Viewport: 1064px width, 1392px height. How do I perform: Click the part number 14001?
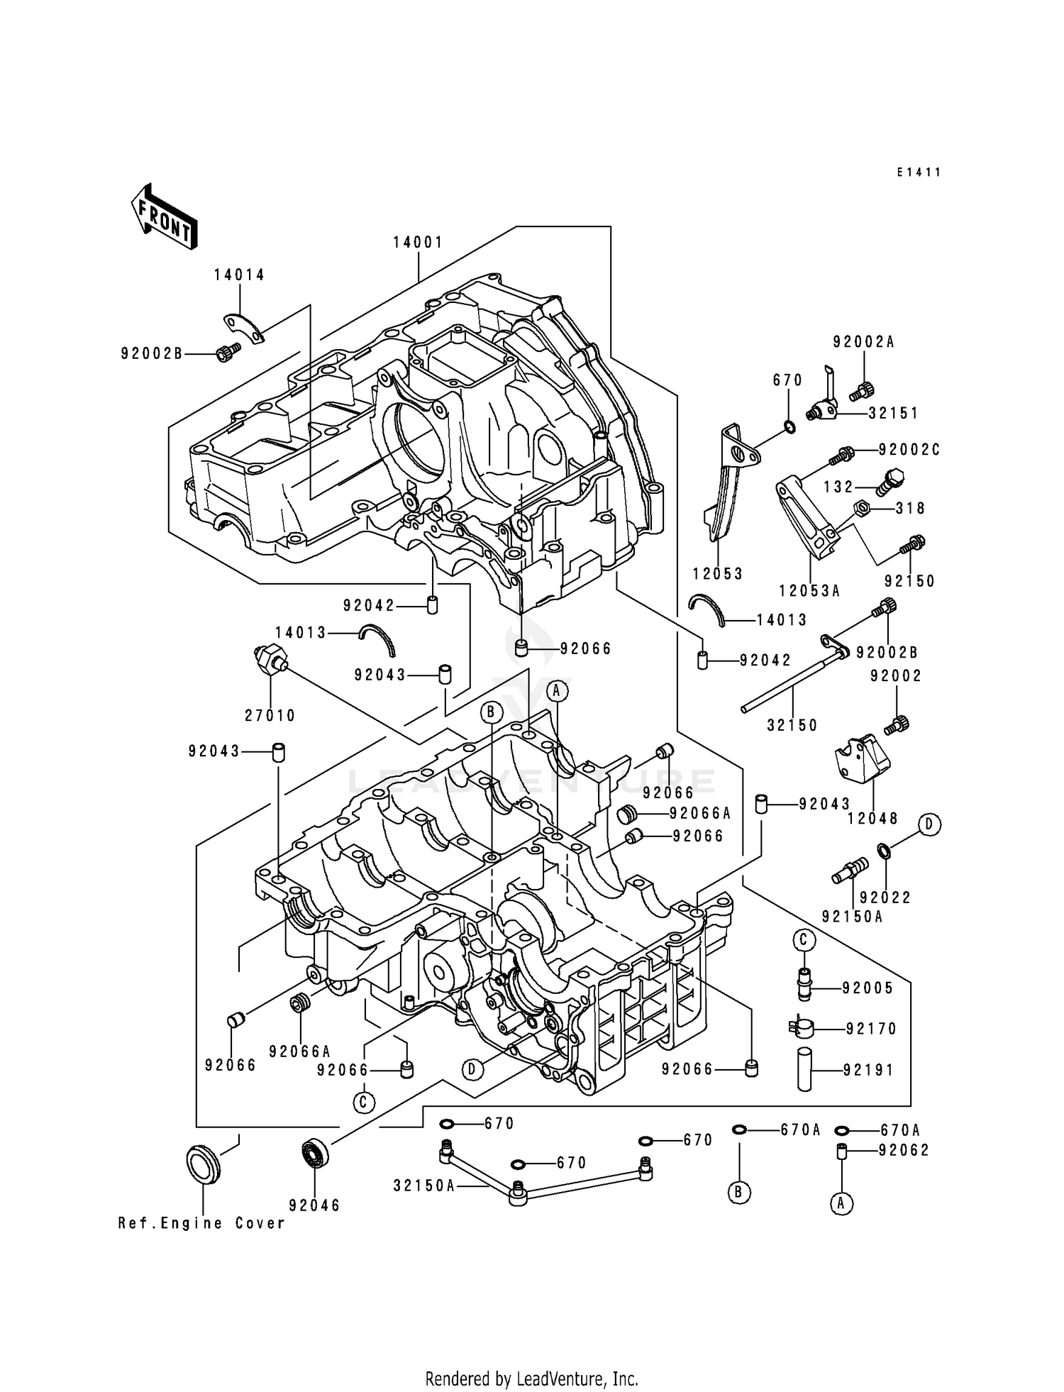[x=419, y=243]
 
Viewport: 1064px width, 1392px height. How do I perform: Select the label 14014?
[x=240, y=275]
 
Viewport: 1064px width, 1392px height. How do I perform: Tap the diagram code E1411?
[x=918, y=172]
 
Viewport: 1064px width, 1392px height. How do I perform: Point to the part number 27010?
[x=270, y=716]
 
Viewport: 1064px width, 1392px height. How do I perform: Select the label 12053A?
[x=809, y=590]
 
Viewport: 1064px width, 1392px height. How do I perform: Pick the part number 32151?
[x=893, y=413]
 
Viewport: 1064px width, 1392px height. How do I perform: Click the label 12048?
[x=872, y=818]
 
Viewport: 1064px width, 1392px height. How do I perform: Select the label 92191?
[x=869, y=1070]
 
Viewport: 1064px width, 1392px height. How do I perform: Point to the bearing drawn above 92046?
[x=314, y=1150]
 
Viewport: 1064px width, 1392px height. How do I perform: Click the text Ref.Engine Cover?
[x=201, y=1223]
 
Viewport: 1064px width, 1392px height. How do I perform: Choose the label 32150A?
[x=424, y=1186]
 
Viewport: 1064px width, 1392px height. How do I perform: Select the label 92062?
[x=903, y=1150]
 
